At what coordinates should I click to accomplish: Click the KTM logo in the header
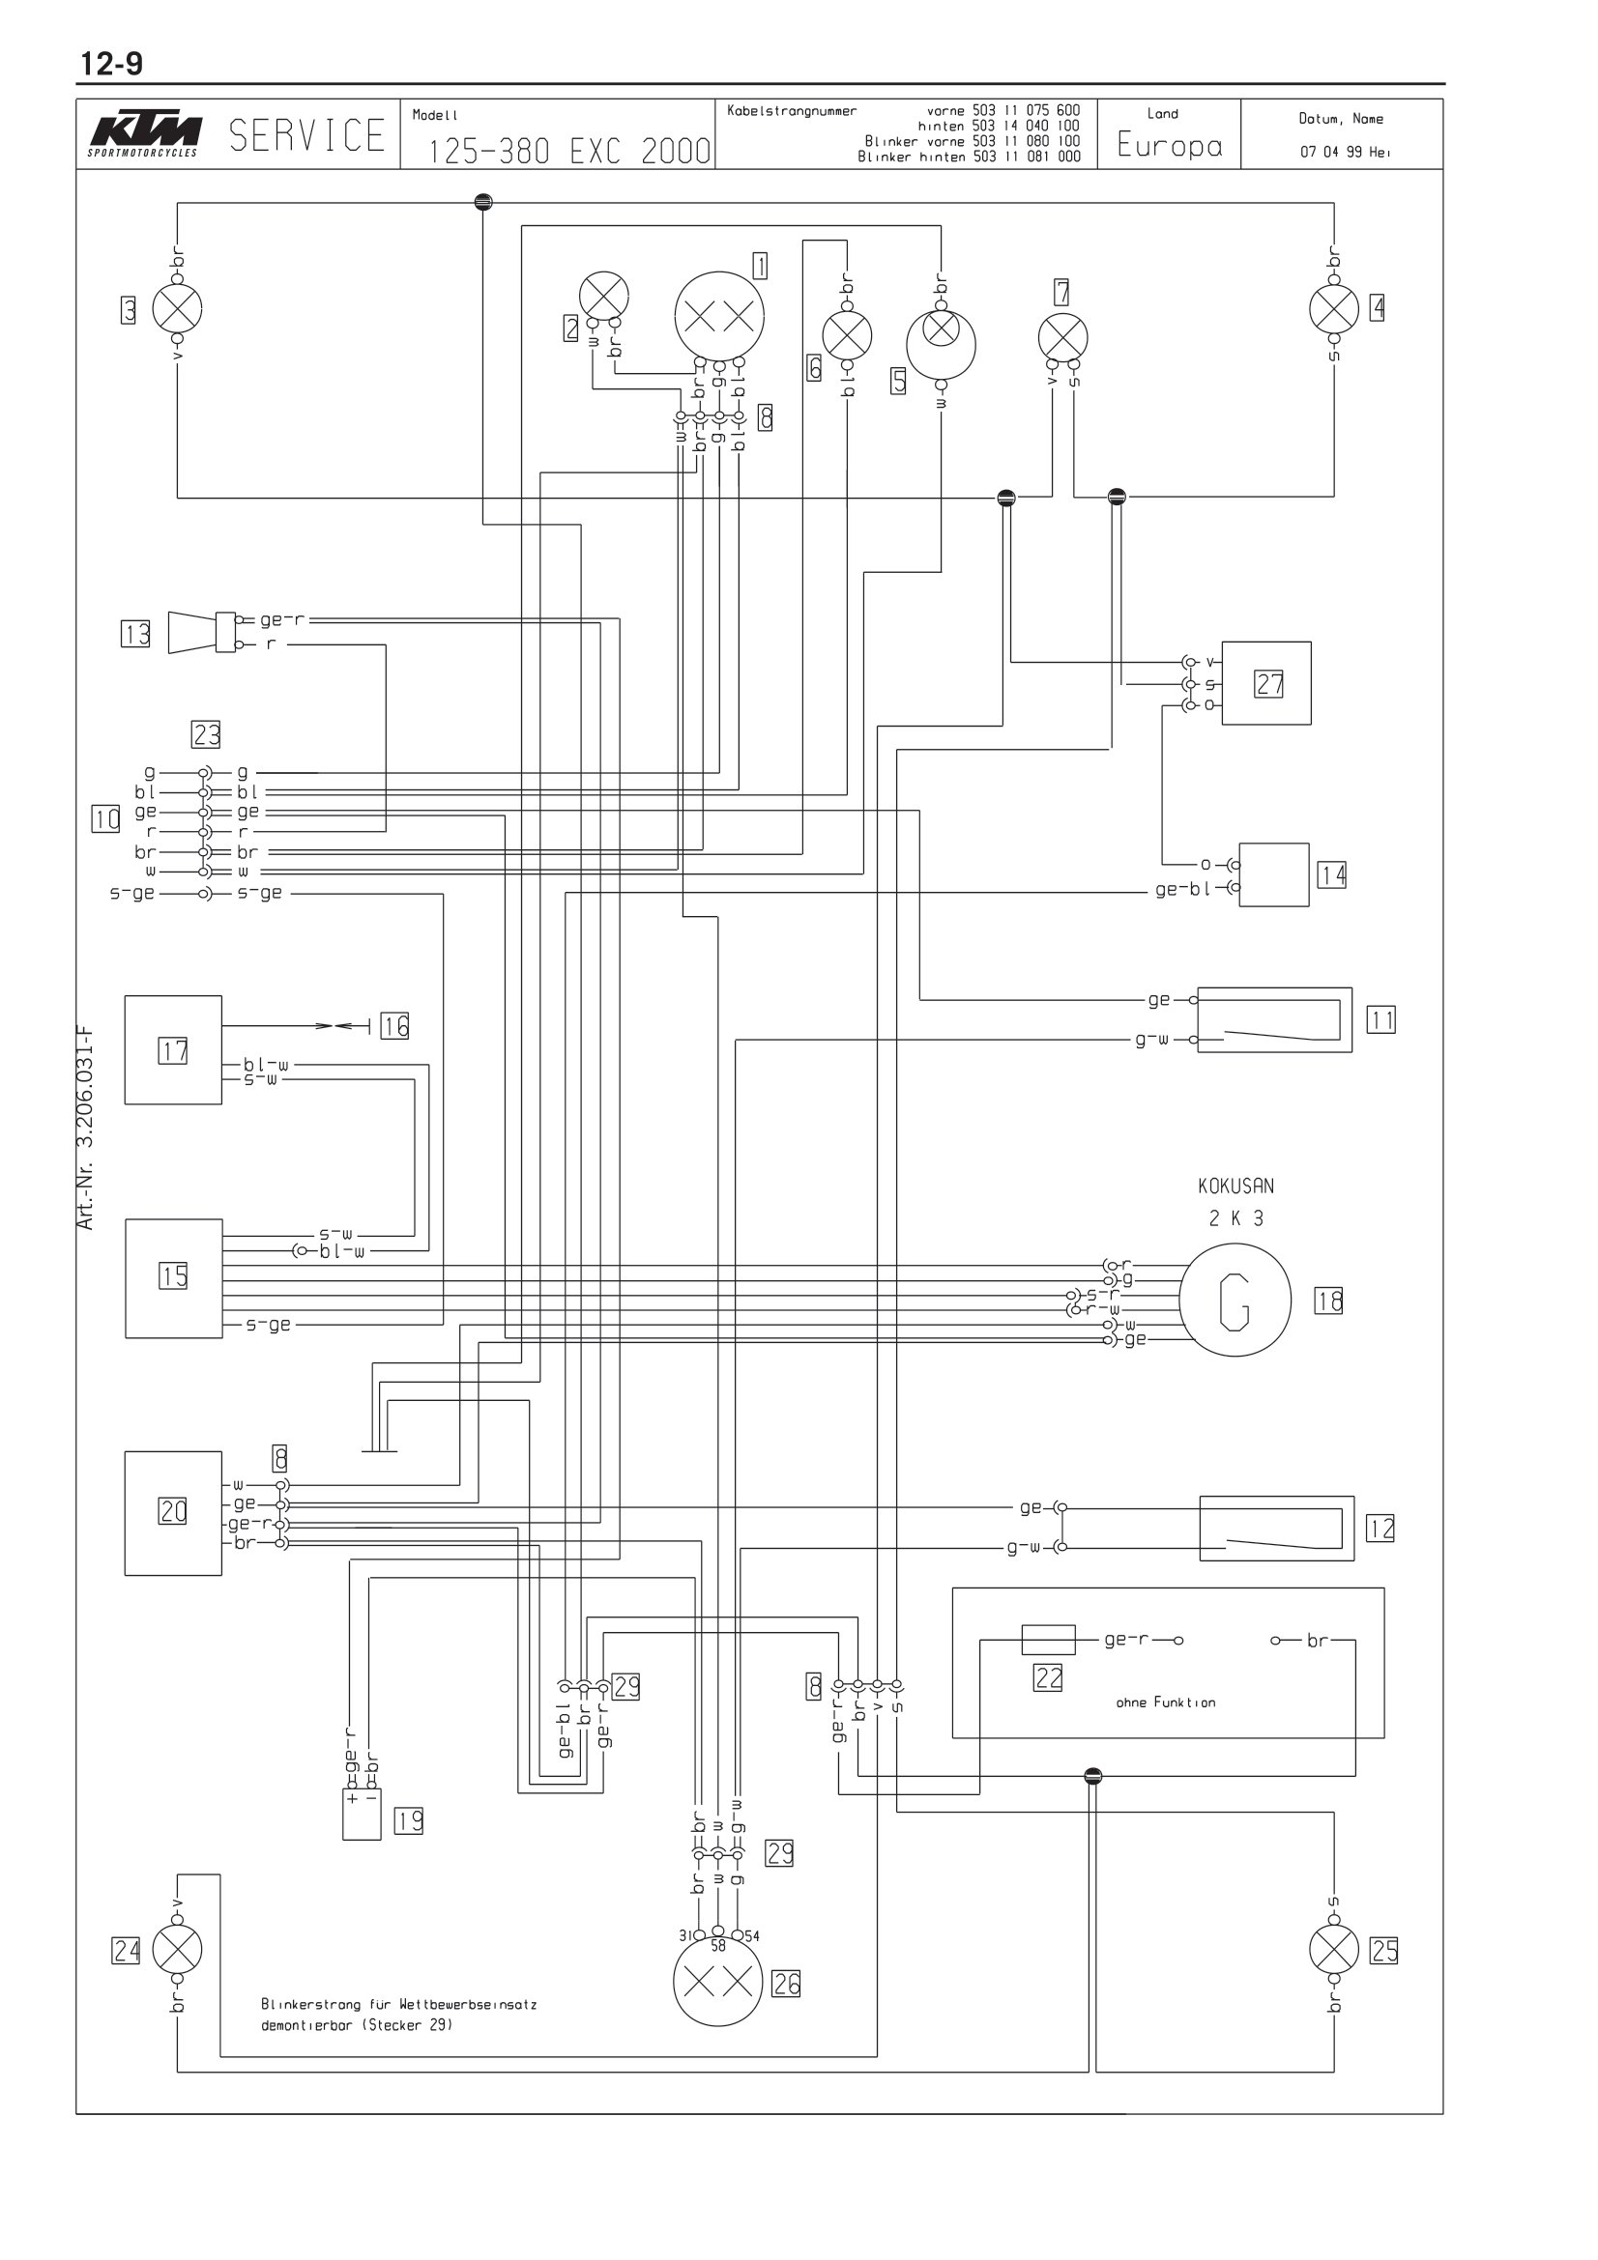tap(144, 135)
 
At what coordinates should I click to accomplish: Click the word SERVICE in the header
tap(307, 136)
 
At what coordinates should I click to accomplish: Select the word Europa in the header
tap(1170, 146)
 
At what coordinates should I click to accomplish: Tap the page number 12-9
tap(111, 64)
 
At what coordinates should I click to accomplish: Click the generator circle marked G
tap(1235, 1301)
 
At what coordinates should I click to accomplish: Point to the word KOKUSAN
tap(1235, 1187)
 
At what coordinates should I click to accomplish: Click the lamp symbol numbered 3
tap(177, 309)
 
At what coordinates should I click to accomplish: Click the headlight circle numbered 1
tap(720, 316)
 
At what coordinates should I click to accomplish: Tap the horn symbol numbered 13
tap(202, 631)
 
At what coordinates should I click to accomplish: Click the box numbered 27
tap(1266, 683)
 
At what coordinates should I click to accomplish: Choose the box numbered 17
tap(173, 1049)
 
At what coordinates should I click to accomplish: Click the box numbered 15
tap(173, 1277)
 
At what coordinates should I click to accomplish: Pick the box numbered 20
tap(173, 1513)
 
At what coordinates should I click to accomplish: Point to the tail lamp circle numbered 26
tap(717, 1982)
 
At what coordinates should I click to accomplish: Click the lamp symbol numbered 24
tap(177, 1949)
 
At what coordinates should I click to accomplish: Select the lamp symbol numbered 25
tap(1334, 1949)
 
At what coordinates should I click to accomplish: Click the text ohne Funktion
tap(1166, 1702)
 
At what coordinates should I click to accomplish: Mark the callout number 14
tap(1332, 874)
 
